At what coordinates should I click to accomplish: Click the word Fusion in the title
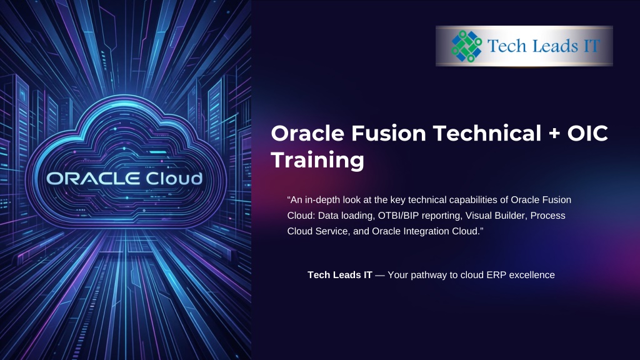coord(389,134)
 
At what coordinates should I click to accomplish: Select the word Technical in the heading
coord(487,134)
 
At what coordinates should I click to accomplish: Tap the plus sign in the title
coord(554,134)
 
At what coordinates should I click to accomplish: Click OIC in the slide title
coord(587,134)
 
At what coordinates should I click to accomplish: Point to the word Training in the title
coord(317,159)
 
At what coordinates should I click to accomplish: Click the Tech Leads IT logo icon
coord(466,46)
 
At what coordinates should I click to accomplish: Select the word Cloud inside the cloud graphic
coord(174,178)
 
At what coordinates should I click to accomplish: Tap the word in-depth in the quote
coord(321,200)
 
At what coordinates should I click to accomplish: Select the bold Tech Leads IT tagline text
coord(340,275)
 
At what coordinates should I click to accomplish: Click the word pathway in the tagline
coord(429,276)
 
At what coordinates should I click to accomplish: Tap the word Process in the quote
coord(547,216)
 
